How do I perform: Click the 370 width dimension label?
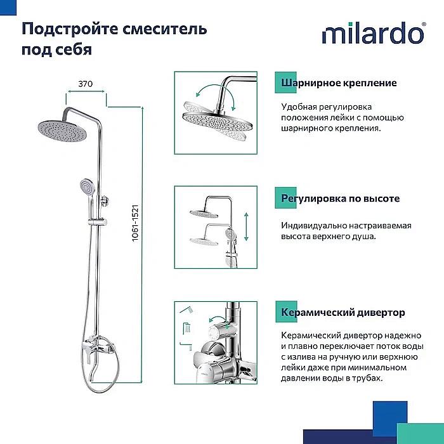point(86,83)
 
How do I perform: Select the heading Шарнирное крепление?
point(339,83)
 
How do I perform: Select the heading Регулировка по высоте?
point(340,199)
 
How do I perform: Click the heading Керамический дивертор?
point(343,313)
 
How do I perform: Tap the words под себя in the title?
point(57,49)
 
